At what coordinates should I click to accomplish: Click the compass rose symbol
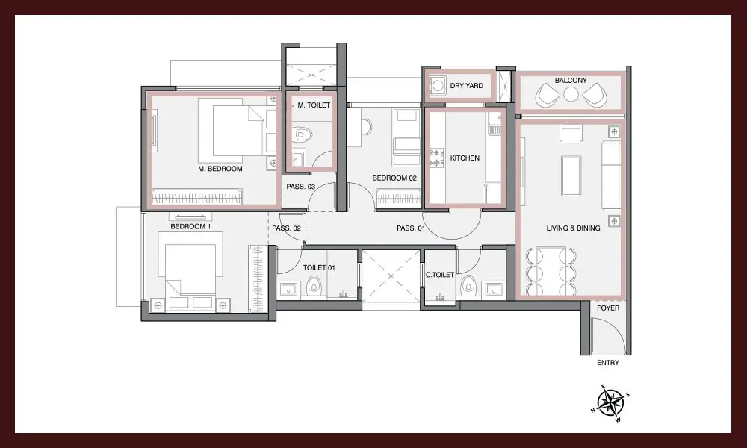pyautogui.click(x=611, y=402)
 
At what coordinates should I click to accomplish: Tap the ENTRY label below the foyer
pyautogui.click(x=608, y=363)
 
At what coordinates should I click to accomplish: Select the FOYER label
pyautogui.click(x=608, y=308)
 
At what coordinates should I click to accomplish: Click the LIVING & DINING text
pyautogui.click(x=573, y=228)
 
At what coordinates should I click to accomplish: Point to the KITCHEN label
pyautogui.click(x=465, y=158)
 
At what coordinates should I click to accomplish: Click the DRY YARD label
pyautogui.click(x=466, y=86)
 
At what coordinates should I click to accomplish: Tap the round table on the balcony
pyautogui.click(x=571, y=94)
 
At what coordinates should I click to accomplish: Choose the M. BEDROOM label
pyautogui.click(x=220, y=169)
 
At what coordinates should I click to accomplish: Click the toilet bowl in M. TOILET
pyautogui.click(x=302, y=134)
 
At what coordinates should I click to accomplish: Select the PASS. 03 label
pyautogui.click(x=300, y=187)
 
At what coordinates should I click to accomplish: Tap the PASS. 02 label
pyautogui.click(x=286, y=228)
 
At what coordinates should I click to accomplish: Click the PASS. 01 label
pyautogui.click(x=411, y=228)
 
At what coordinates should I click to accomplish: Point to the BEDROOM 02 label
pyautogui.click(x=394, y=178)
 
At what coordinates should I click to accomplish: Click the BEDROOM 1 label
pyautogui.click(x=190, y=227)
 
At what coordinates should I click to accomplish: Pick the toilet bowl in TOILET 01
pyautogui.click(x=314, y=285)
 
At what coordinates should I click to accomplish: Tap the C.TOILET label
pyautogui.click(x=440, y=275)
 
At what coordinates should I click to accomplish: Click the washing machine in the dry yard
pyautogui.click(x=436, y=86)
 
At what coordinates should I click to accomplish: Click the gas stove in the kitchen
pyautogui.click(x=436, y=158)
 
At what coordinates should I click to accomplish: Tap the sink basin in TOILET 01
pyautogui.click(x=288, y=289)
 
